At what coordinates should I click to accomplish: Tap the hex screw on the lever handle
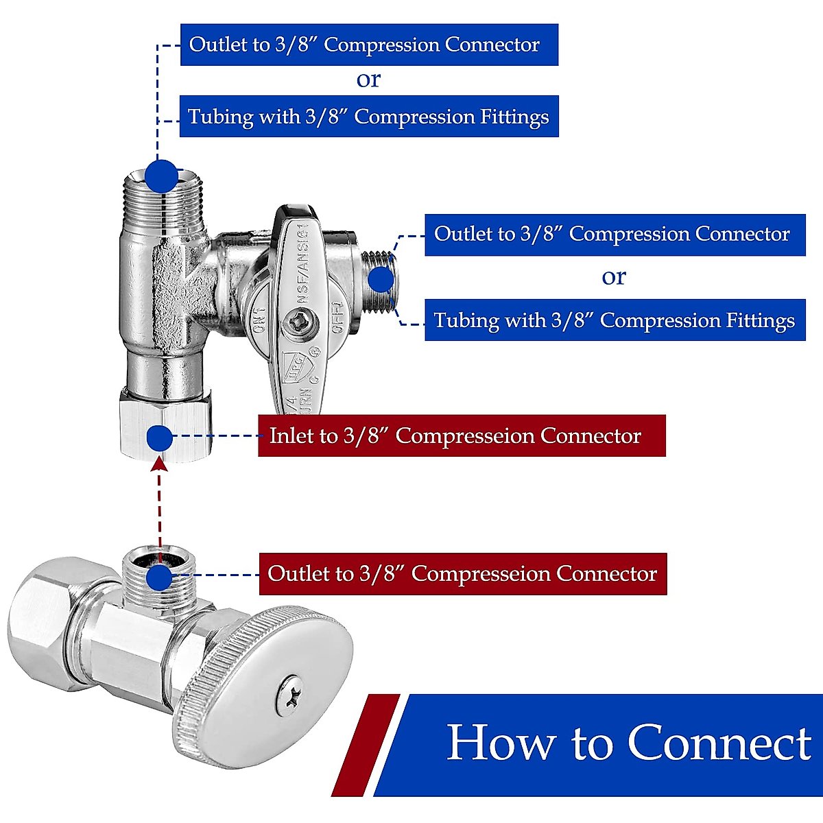coord(300,320)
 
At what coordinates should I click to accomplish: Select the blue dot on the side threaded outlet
coord(381,280)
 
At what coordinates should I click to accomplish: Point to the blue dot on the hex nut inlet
coord(159,438)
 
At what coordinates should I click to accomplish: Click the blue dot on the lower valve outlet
coord(159,577)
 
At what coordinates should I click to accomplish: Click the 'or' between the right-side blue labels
coord(614,276)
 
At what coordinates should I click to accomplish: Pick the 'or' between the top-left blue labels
coord(368,80)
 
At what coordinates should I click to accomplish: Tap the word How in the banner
coord(501,743)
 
